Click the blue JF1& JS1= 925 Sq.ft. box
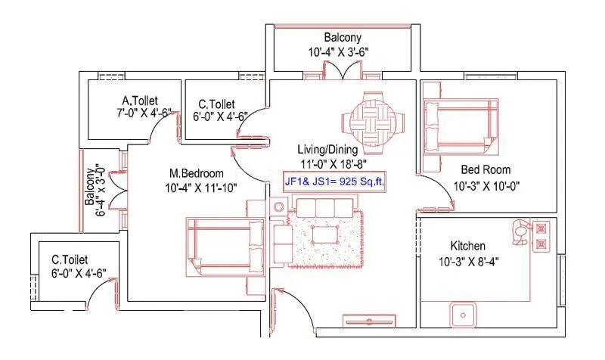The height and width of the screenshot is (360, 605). [334, 182]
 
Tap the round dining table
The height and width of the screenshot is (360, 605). [372, 117]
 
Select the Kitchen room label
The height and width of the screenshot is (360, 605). [467, 247]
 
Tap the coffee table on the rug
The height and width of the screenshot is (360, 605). [325, 234]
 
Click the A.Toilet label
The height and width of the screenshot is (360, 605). [139, 101]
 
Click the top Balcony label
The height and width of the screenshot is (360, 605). [343, 37]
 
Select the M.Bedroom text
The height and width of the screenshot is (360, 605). [197, 172]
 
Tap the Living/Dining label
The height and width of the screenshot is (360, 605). [330, 150]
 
